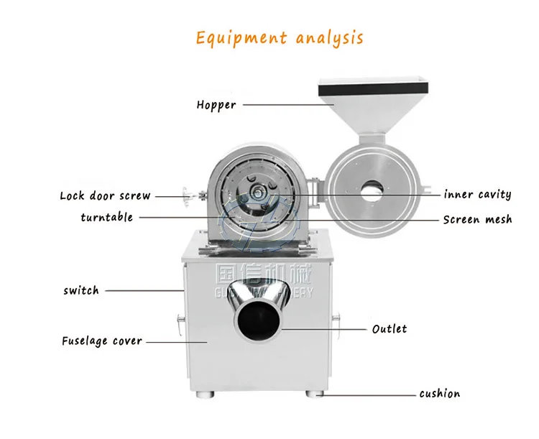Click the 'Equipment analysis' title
[x=280, y=37]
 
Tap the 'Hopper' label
[x=216, y=105]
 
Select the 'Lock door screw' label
[x=105, y=195]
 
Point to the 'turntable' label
[x=106, y=217]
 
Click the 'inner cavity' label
[x=477, y=194]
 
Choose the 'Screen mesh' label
[x=477, y=219]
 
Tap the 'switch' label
[x=81, y=290]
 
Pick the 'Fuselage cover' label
[x=102, y=341]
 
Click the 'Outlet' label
[x=389, y=329]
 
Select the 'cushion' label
[x=440, y=393]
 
